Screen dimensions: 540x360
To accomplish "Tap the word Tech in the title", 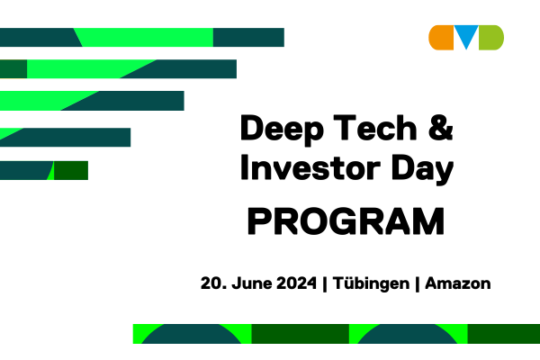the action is (375, 128).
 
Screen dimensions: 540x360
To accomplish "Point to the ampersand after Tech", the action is (440, 128).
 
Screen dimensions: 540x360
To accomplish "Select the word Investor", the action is (310, 167).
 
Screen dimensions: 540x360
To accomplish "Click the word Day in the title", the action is (422, 170).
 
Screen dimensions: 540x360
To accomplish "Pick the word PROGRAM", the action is (346, 221).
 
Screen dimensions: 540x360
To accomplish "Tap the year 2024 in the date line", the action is (296, 283).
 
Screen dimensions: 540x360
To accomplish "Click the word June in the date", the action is (252, 283).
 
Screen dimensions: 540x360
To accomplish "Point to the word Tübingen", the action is (371, 284).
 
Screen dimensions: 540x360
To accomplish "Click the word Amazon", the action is (458, 283).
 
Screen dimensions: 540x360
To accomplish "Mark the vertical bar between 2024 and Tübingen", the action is (325, 284).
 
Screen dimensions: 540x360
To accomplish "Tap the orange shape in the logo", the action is (441, 38).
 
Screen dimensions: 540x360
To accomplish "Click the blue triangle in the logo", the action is (466, 34).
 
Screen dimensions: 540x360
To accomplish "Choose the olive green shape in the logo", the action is (491, 38).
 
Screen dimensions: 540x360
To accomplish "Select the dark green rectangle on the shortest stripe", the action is (71, 170).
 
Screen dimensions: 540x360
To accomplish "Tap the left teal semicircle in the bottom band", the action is (192, 335).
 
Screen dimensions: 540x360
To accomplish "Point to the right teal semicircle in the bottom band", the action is (408, 335).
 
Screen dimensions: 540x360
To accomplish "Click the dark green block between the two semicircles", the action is (301, 334).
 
